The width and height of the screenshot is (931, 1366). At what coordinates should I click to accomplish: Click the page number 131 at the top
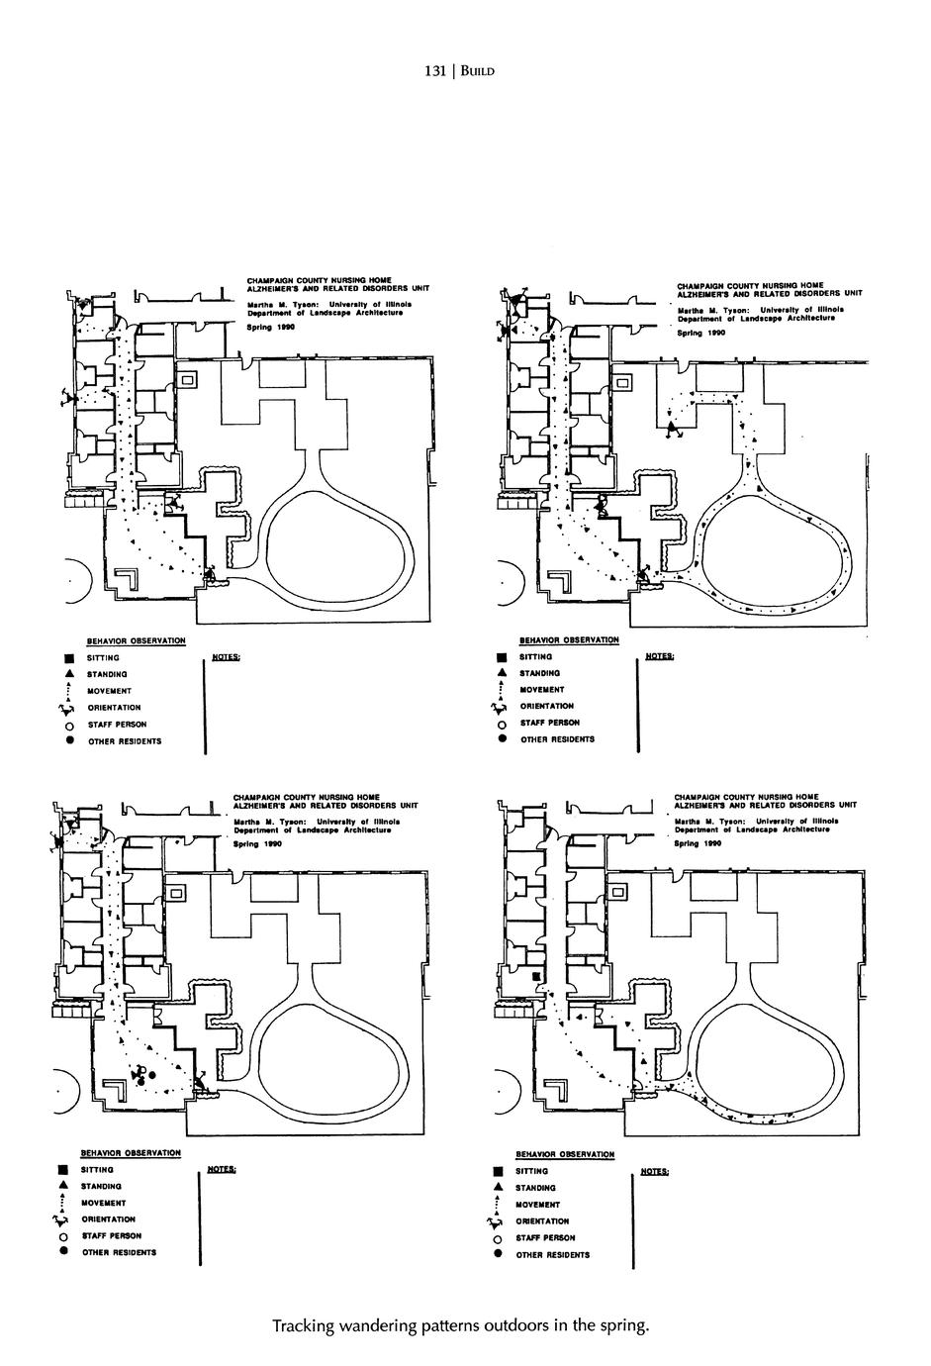[436, 71]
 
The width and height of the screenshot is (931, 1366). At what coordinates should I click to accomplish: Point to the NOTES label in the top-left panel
[227, 656]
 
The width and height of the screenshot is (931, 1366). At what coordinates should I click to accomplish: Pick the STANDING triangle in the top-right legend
[502, 673]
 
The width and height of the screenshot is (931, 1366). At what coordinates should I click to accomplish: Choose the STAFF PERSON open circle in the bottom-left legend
[61, 1236]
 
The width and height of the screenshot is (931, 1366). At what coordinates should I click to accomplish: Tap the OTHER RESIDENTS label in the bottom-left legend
[119, 1252]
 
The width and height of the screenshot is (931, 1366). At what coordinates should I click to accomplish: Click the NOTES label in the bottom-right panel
[655, 1171]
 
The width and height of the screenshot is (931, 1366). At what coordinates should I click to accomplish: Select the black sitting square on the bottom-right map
[534, 977]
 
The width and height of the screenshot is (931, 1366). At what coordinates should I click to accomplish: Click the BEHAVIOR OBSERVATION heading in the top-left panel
[137, 641]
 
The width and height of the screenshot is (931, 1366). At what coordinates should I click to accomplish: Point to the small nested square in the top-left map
[189, 378]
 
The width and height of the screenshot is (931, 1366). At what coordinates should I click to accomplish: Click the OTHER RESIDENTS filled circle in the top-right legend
[502, 739]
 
